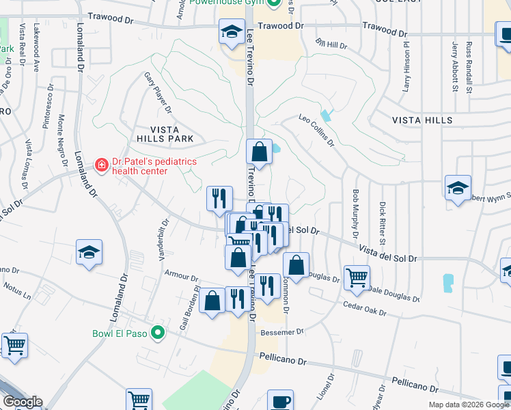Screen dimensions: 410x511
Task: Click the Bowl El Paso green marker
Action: pyautogui.click(x=158, y=333)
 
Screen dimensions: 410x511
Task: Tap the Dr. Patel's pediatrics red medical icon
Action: pyautogui.click(x=102, y=165)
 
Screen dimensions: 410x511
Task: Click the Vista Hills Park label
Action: pyautogui.click(x=165, y=134)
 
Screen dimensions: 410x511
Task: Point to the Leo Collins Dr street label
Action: pyautogui.click(x=316, y=130)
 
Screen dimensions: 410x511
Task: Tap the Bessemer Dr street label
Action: pyautogui.click(x=281, y=332)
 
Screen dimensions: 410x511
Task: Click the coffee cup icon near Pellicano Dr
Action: pyautogui.click(x=279, y=401)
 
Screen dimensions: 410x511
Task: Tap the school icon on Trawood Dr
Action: pyautogui.click(x=232, y=31)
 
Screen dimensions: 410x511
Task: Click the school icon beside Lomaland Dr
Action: pyautogui.click(x=89, y=254)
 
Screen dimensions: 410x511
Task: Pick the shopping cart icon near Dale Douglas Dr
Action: pyautogui.click(x=357, y=278)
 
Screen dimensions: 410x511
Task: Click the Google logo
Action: pyautogui.click(x=23, y=402)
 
